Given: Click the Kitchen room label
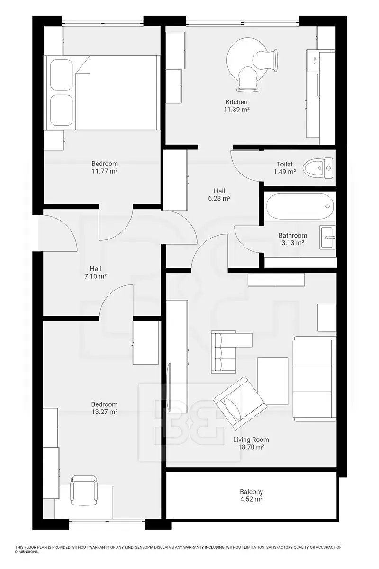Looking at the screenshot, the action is click(236, 102).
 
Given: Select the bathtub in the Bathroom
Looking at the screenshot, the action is click(300, 206).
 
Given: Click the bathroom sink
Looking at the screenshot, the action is click(328, 238).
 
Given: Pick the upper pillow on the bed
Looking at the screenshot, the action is click(62, 75).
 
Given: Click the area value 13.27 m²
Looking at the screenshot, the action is click(104, 412).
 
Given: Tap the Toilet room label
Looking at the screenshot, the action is click(285, 165).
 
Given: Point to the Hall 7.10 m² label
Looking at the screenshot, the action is click(95, 273).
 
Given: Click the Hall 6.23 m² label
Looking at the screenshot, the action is click(219, 194).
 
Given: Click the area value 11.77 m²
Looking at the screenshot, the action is click(105, 171).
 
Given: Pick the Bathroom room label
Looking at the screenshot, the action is click(293, 235).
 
